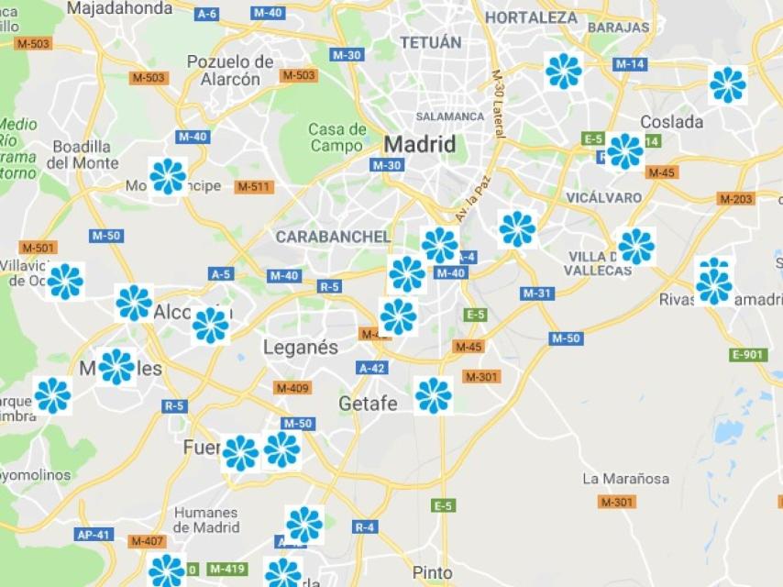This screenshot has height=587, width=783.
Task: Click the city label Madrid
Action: pyautogui.click(x=419, y=144)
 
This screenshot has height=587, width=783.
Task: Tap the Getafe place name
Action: pyautogui.click(x=368, y=404)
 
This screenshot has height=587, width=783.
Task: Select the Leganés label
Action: pyautogui.click(x=300, y=348)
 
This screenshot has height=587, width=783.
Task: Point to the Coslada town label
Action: pyautogui.click(x=672, y=122)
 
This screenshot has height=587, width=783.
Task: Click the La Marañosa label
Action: pyautogui.click(x=626, y=479)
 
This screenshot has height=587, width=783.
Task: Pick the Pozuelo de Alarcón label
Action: pyautogui.click(x=230, y=70)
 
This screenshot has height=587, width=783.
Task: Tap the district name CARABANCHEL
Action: pyautogui.click(x=333, y=237)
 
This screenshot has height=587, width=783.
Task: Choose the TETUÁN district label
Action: pyautogui.click(x=430, y=42)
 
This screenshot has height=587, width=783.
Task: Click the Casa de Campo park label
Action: pyautogui.click(x=337, y=138)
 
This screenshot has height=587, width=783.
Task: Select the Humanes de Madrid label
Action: pyautogui.click(x=206, y=520)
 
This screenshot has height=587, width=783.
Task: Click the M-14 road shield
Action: pyautogui.click(x=630, y=64)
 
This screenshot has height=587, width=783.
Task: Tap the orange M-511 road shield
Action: pyautogui.click(x=254, y=187)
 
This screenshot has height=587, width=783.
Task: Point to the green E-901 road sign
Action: pyautogui.click(x=748, y=355)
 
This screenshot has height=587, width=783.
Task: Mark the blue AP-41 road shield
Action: pyautogui.click(x=94, y=535)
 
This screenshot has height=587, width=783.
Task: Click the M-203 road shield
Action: pyautogui.click(x=736, y=199)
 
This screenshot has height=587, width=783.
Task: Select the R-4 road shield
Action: pyautogui.click(x=365, y=526)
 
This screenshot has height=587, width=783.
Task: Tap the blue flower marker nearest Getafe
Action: pyautogui.click(x=433, y=395)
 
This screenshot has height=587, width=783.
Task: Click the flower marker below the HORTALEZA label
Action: pyautogui.click(x=563, y=71)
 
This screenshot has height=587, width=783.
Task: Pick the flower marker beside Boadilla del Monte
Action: pyautogui.click(x=168, y=176)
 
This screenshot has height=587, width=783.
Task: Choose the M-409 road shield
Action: pyautogui.click(x=292, y=388)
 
